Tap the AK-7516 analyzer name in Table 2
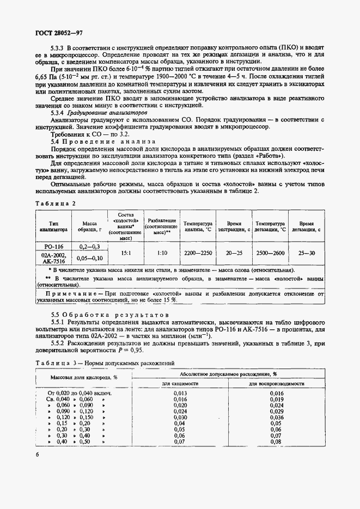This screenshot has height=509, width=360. coord(53,261)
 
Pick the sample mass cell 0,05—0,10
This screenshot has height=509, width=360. coord(90,257)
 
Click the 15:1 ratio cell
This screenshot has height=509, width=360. coord(125,253)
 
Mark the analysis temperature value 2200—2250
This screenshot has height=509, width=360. coord(198,253)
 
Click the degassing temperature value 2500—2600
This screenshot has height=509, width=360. coord(270,253)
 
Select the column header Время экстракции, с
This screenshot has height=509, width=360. coord(234,226)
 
